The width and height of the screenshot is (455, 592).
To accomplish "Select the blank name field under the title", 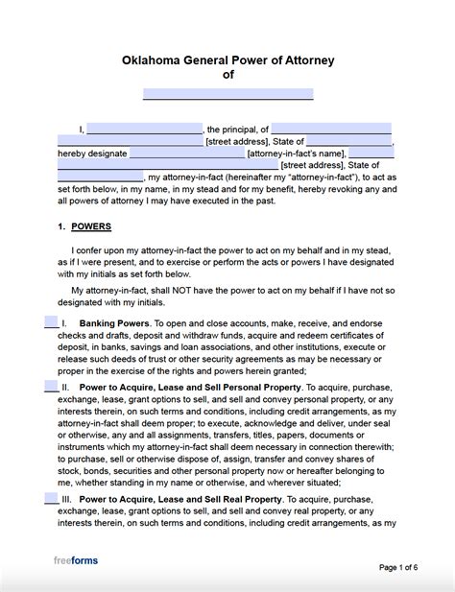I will pyautogui.click(x=227, y=94).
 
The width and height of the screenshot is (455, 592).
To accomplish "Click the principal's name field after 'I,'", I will pyautogui.click(x=144, y=129).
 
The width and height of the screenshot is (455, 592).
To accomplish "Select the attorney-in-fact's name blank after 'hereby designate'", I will pyautogui.click(x=186, y=153).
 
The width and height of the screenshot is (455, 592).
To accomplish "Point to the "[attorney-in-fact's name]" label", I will pyautogui.click(x=296, y=154).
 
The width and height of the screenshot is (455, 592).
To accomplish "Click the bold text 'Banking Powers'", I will pyautogui.click(x=110, y=324).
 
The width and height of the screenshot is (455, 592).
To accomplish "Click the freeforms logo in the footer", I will pyautogui.click(x=75, y=560).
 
